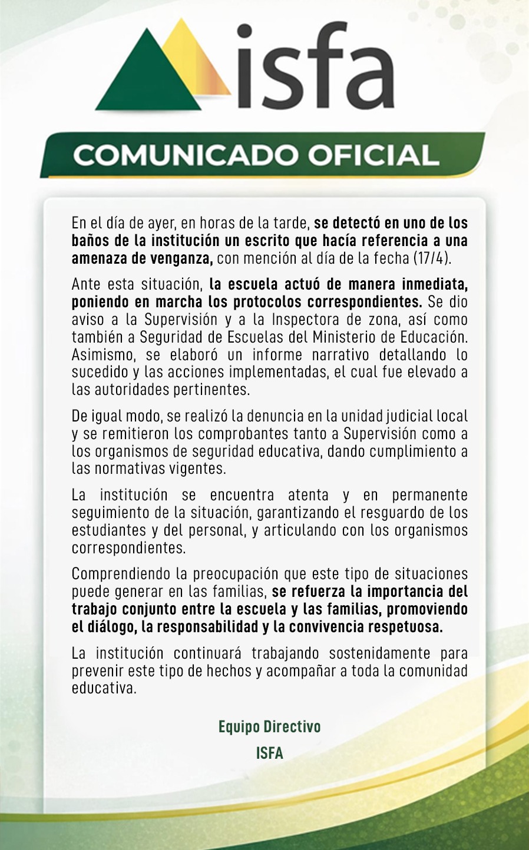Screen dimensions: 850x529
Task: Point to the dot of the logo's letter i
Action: coord(244,32)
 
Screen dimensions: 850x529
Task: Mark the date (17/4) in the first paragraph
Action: coord(432,258)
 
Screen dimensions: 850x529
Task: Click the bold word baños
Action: coord(89,241)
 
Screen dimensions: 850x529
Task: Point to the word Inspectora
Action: coord(305,320)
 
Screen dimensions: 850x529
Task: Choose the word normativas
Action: coord(128,469)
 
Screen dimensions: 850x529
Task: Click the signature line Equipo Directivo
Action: coord(269,727)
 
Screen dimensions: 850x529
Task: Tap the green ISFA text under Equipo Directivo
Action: coord(269,753)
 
